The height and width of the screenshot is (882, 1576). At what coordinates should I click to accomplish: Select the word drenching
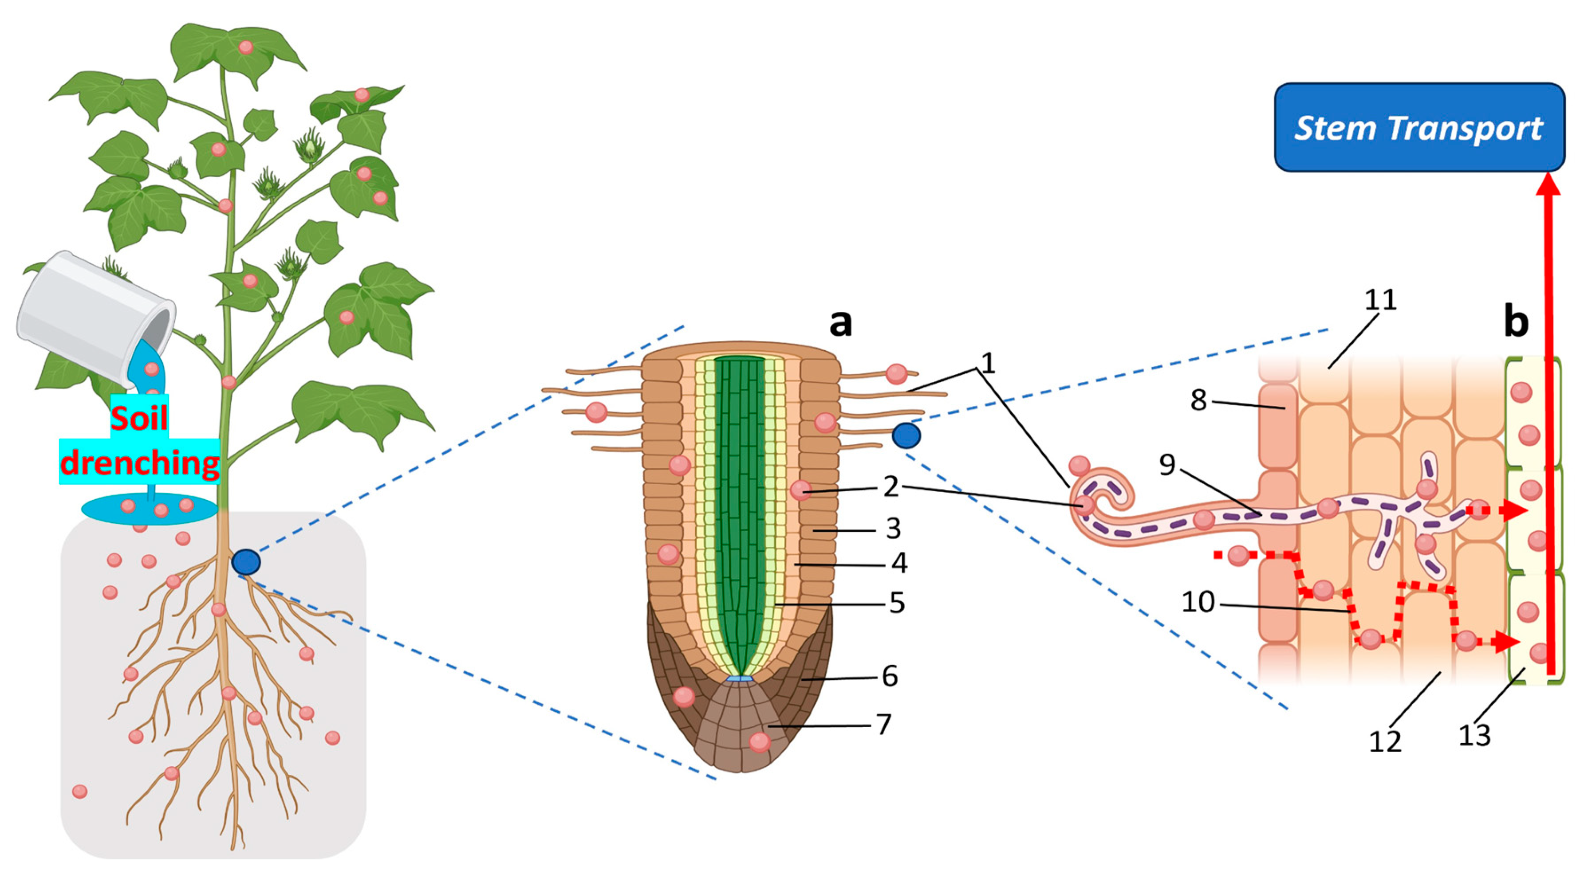pyautogui.click(x=139, y=463)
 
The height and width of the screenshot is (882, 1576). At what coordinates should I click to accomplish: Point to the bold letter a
pyautogui.click(x=840, y=322)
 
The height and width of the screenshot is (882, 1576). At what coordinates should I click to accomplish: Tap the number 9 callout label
pyautogui.click(x=1167, y=465)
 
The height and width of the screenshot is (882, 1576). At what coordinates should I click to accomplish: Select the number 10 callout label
pyautogui.click(x=1197, y=602)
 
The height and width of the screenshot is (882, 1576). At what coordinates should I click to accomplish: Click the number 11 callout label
pyautogui.click(x=1380, y=300)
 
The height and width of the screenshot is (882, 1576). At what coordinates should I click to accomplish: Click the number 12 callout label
pyautogui.click(x=1384, y=741)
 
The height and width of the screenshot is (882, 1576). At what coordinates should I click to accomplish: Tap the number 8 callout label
pyautogui.click(x=1198, y=400)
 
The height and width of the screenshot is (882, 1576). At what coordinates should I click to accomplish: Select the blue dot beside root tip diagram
pyautogui.click(x=906, y=435)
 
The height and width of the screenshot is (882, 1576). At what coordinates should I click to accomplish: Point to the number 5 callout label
pyautogui.click(x=897, y=603)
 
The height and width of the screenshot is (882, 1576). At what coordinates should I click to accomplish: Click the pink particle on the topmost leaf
pyautogui.click(x=245, y=47)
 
